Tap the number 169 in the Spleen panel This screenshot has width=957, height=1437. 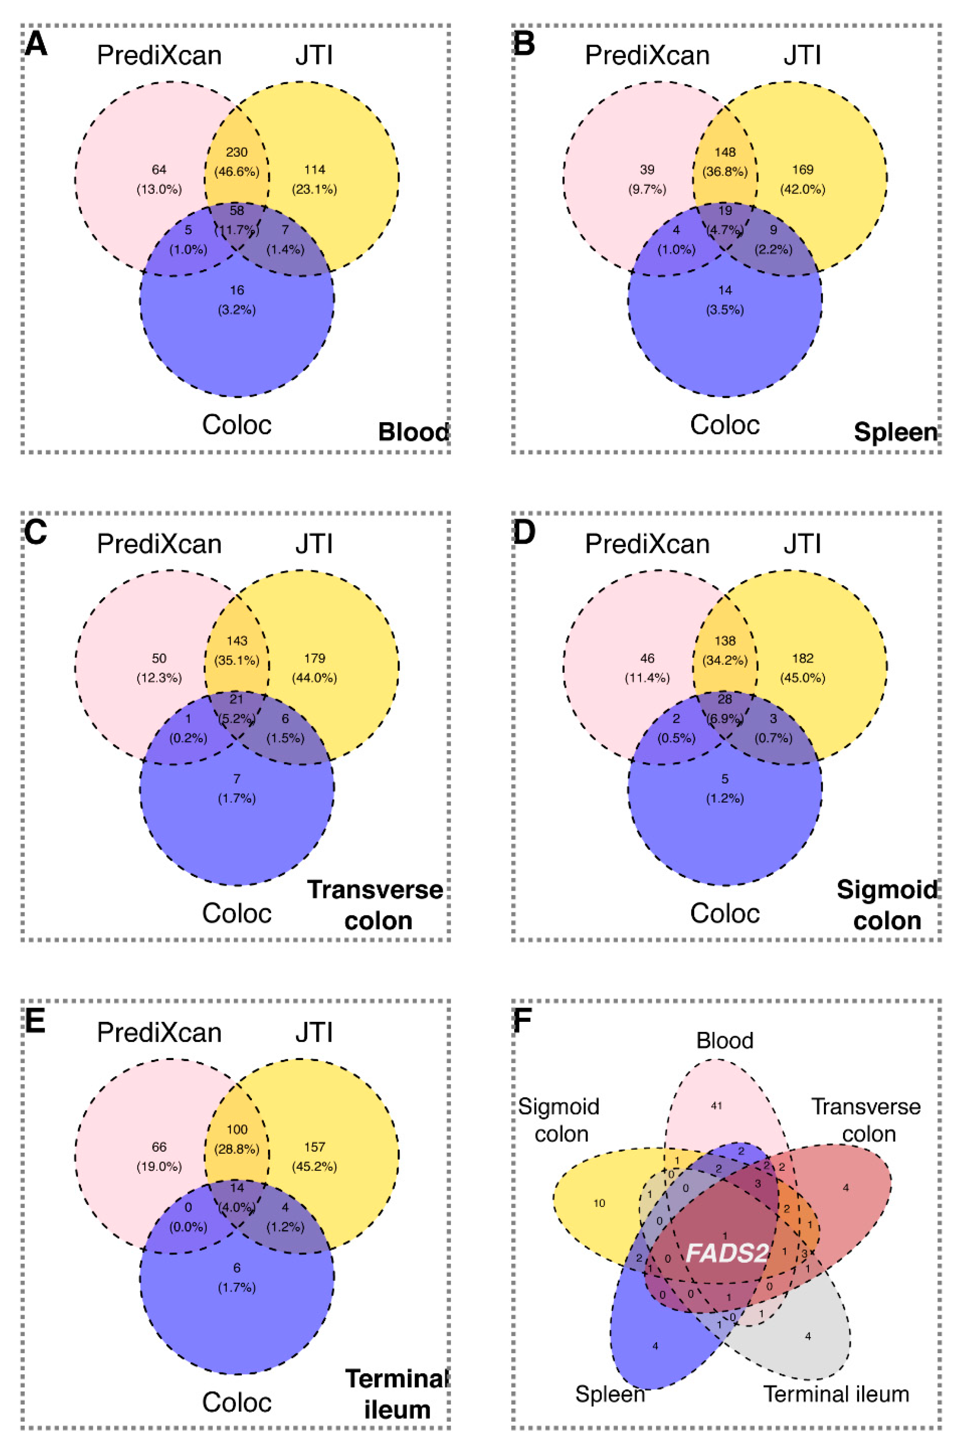pyautogui.click(x=803, y=170)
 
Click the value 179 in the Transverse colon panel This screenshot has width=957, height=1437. pyautogui.click(x=315, y=658)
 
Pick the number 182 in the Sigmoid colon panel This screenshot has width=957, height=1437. pyautogui.click(x=803, y=658)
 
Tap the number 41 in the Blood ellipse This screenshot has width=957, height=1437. pyautogui.click(x=716, y=1105)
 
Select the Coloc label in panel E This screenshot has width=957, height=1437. pyautogui.click(x=237, y=1402)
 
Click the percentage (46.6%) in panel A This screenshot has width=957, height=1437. pyautogui.click(x=237, y=171)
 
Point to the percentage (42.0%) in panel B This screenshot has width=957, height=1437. pyautogui.click(x=803, y=189)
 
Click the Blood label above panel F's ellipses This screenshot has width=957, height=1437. pyautogui.click(x=725, y=1040)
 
